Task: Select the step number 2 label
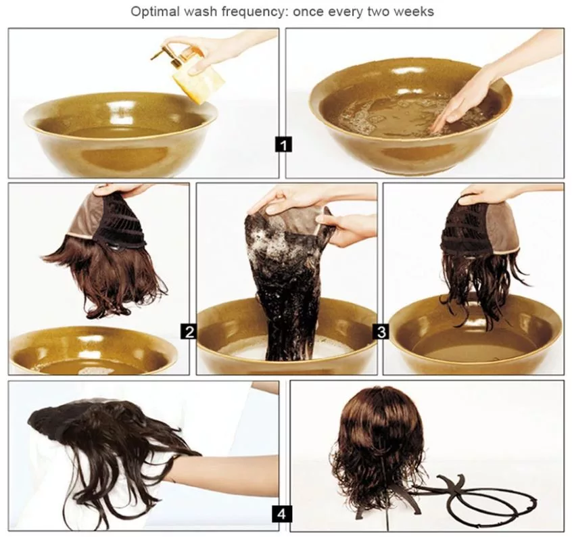pos(189,331)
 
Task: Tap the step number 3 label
pos(381,331)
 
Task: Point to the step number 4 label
pos(281,513)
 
